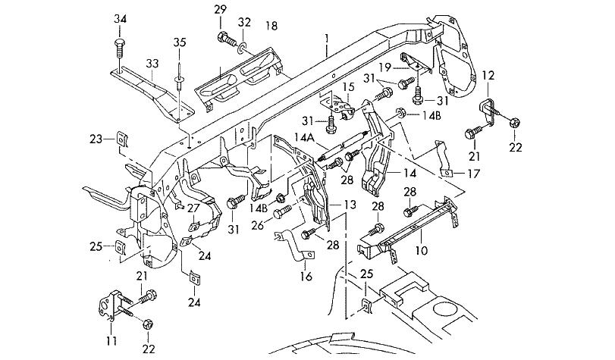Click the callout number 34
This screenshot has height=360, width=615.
tap(121, 18)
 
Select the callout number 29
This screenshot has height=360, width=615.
tap(220, 9)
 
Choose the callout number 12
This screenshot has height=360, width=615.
tap(488, 75)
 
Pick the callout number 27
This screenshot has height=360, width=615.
tap(193, 209)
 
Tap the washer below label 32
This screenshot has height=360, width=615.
tap(242, 50)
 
